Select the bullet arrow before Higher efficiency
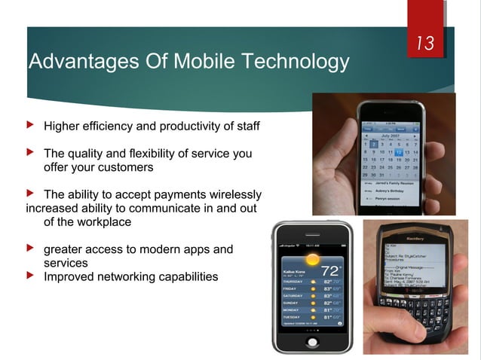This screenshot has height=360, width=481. tap(31, 125)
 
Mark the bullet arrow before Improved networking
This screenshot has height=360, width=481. tap(31, 276)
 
